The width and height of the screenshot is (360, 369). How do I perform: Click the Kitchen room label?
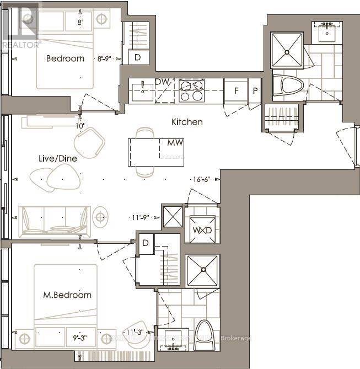(187, 122)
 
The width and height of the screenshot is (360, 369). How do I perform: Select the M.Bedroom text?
(68, 295)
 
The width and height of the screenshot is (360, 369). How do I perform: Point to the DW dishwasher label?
(162, 82)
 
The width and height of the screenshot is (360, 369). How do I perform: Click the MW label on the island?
(175, 142)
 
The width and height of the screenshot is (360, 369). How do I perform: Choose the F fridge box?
(236, 90)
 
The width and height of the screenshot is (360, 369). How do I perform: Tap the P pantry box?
(255, 90)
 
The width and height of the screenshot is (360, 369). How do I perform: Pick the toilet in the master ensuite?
(203, 333)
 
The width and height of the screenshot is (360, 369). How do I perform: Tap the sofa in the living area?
(55, 222)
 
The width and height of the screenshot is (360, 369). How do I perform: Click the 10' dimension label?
(81, 126)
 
